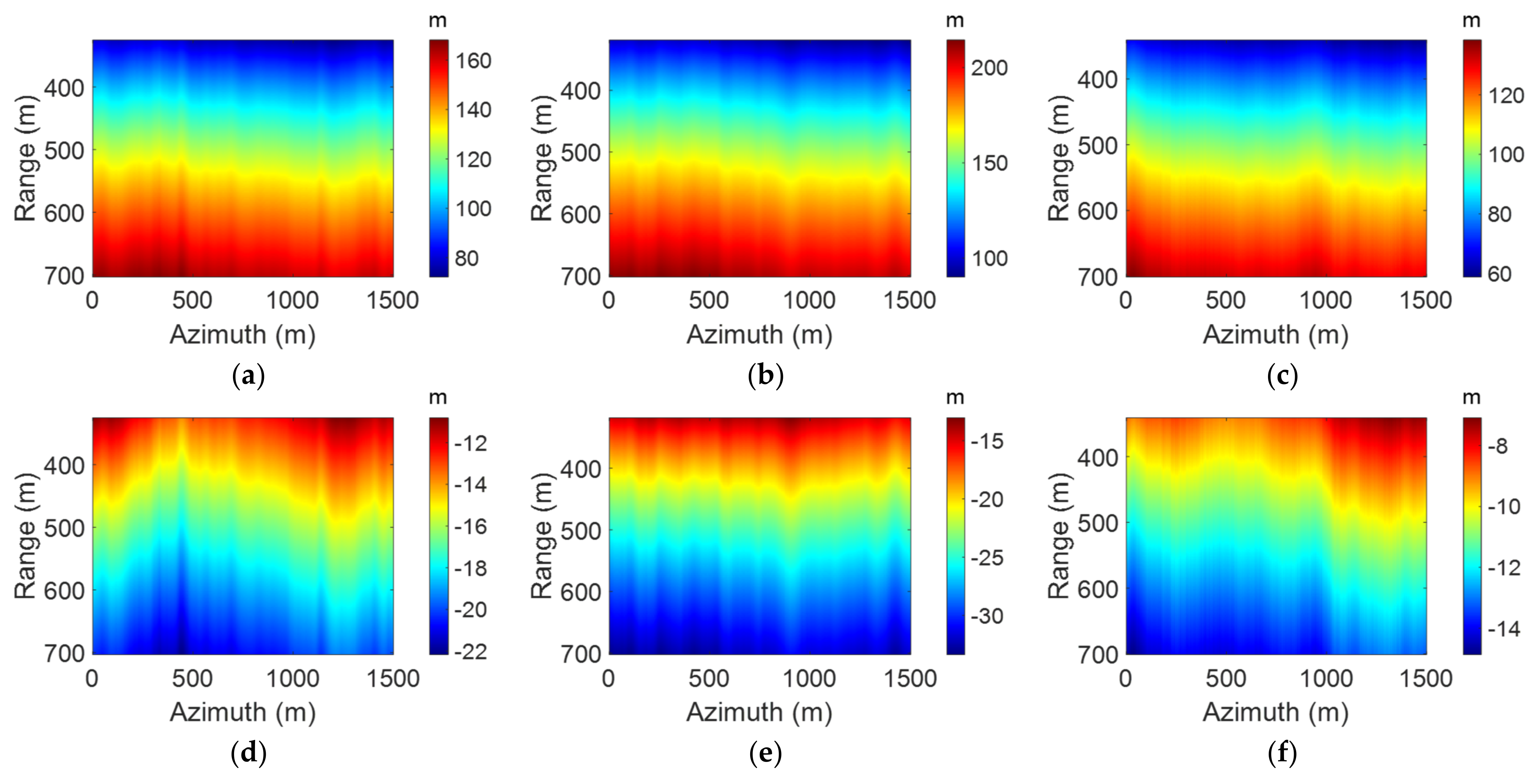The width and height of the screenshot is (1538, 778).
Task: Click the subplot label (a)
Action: coord(248,376)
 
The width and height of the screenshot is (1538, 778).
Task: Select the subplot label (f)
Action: coord(1282,753)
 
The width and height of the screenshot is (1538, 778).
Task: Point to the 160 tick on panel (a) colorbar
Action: coord(473,61)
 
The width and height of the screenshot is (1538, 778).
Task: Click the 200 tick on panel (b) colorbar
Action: coord(989,68)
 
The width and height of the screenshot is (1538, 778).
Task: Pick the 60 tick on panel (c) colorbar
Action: coord(1499,274)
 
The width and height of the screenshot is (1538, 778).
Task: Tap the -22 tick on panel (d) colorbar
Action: coord(471,651)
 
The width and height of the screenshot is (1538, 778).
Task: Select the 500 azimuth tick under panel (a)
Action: coord(192,300)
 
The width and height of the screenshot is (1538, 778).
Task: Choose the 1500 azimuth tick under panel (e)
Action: coord(910,678)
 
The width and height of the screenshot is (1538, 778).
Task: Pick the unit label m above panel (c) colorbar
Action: coord(1472,21)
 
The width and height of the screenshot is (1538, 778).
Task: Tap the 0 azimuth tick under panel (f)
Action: coord(1125,678)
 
